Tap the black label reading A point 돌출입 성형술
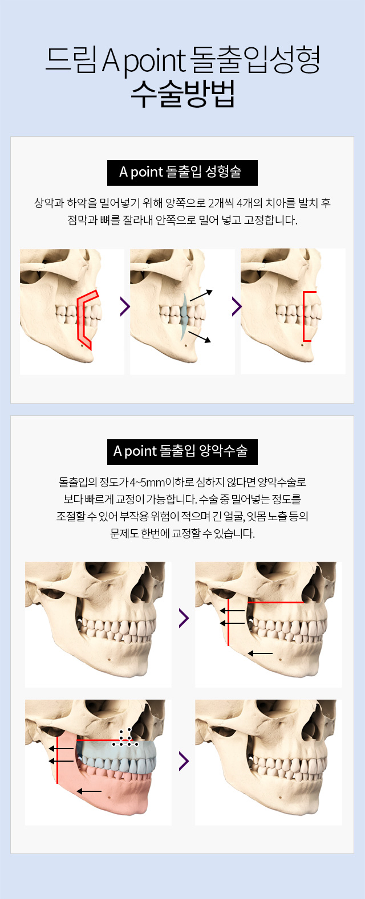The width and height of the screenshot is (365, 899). point(182,173)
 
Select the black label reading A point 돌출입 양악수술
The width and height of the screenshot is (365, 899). point(182,452)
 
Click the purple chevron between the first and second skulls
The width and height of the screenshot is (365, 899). point(125,307)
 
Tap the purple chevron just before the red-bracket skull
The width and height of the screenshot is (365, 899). point(236,307)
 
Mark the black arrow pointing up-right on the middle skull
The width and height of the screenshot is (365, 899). point(201,295)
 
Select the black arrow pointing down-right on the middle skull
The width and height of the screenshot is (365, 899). point(200,337)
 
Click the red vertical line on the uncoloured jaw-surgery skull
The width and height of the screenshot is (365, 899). point(228,622)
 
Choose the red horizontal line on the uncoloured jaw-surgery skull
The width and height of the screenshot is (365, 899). point(276,602)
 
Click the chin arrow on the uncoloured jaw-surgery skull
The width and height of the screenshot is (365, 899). point(260,653)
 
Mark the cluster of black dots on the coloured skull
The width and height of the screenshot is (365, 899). point(125,738)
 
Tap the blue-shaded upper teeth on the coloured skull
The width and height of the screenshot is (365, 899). point(116,757)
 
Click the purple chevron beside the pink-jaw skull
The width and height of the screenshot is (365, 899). point(184,761)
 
